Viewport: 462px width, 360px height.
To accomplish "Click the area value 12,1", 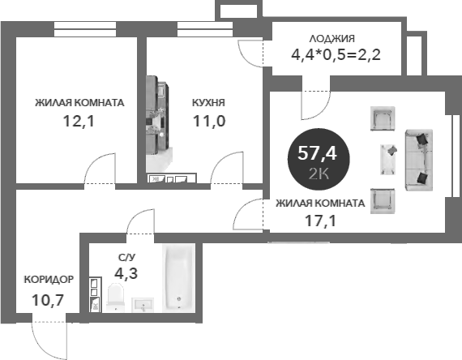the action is click(79, 121).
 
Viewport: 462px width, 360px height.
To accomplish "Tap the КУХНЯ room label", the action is click(208, 103).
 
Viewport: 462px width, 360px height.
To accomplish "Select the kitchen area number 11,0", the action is click(209, 121).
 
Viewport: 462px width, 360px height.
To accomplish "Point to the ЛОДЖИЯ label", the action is click(332, 39).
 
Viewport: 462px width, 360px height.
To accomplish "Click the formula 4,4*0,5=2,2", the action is click(336, 54).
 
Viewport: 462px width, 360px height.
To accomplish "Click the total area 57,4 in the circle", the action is click(317, 153).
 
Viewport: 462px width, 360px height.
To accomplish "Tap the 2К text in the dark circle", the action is click(319, 175).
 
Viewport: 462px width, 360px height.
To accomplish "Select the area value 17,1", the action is click(320, 221).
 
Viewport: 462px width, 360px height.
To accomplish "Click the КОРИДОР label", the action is click(49, 280).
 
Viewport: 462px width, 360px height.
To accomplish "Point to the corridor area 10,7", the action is click(48, 300).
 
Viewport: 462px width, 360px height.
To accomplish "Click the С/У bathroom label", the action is click(126, 258).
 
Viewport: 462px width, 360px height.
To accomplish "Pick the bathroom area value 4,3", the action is click(126, 273).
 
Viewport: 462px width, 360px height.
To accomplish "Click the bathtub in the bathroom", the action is click(178, 278).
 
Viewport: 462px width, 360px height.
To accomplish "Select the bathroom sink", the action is click(143, 304).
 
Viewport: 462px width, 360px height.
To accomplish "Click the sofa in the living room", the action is click(419, 160).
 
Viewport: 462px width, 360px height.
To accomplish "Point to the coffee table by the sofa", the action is click(388, 159).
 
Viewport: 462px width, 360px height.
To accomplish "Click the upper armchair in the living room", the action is click(383, 118).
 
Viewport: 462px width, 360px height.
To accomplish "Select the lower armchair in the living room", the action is click(383, 201).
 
